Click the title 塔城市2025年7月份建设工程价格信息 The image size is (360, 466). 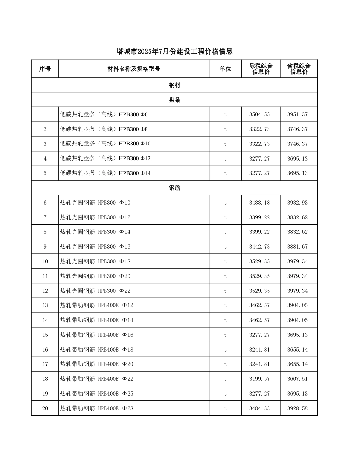174,52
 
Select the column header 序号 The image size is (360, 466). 45,69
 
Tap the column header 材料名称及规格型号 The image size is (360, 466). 134,69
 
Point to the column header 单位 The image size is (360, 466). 225,69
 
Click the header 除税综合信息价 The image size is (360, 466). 261,69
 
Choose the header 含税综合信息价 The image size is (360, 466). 299,69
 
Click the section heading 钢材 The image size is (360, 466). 174,85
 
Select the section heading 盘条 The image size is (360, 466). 174,100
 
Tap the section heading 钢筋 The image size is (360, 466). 174,188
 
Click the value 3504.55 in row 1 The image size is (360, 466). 260,114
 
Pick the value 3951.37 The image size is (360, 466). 297,114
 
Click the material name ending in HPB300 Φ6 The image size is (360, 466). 104,114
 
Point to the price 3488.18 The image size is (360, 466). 260,203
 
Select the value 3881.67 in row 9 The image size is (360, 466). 297,247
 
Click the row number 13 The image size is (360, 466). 45,305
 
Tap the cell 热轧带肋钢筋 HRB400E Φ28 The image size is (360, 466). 97,408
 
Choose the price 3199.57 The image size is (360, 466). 260,379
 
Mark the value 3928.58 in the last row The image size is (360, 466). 297,408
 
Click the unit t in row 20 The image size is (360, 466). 225,408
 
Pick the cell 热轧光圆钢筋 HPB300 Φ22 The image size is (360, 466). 95,291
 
